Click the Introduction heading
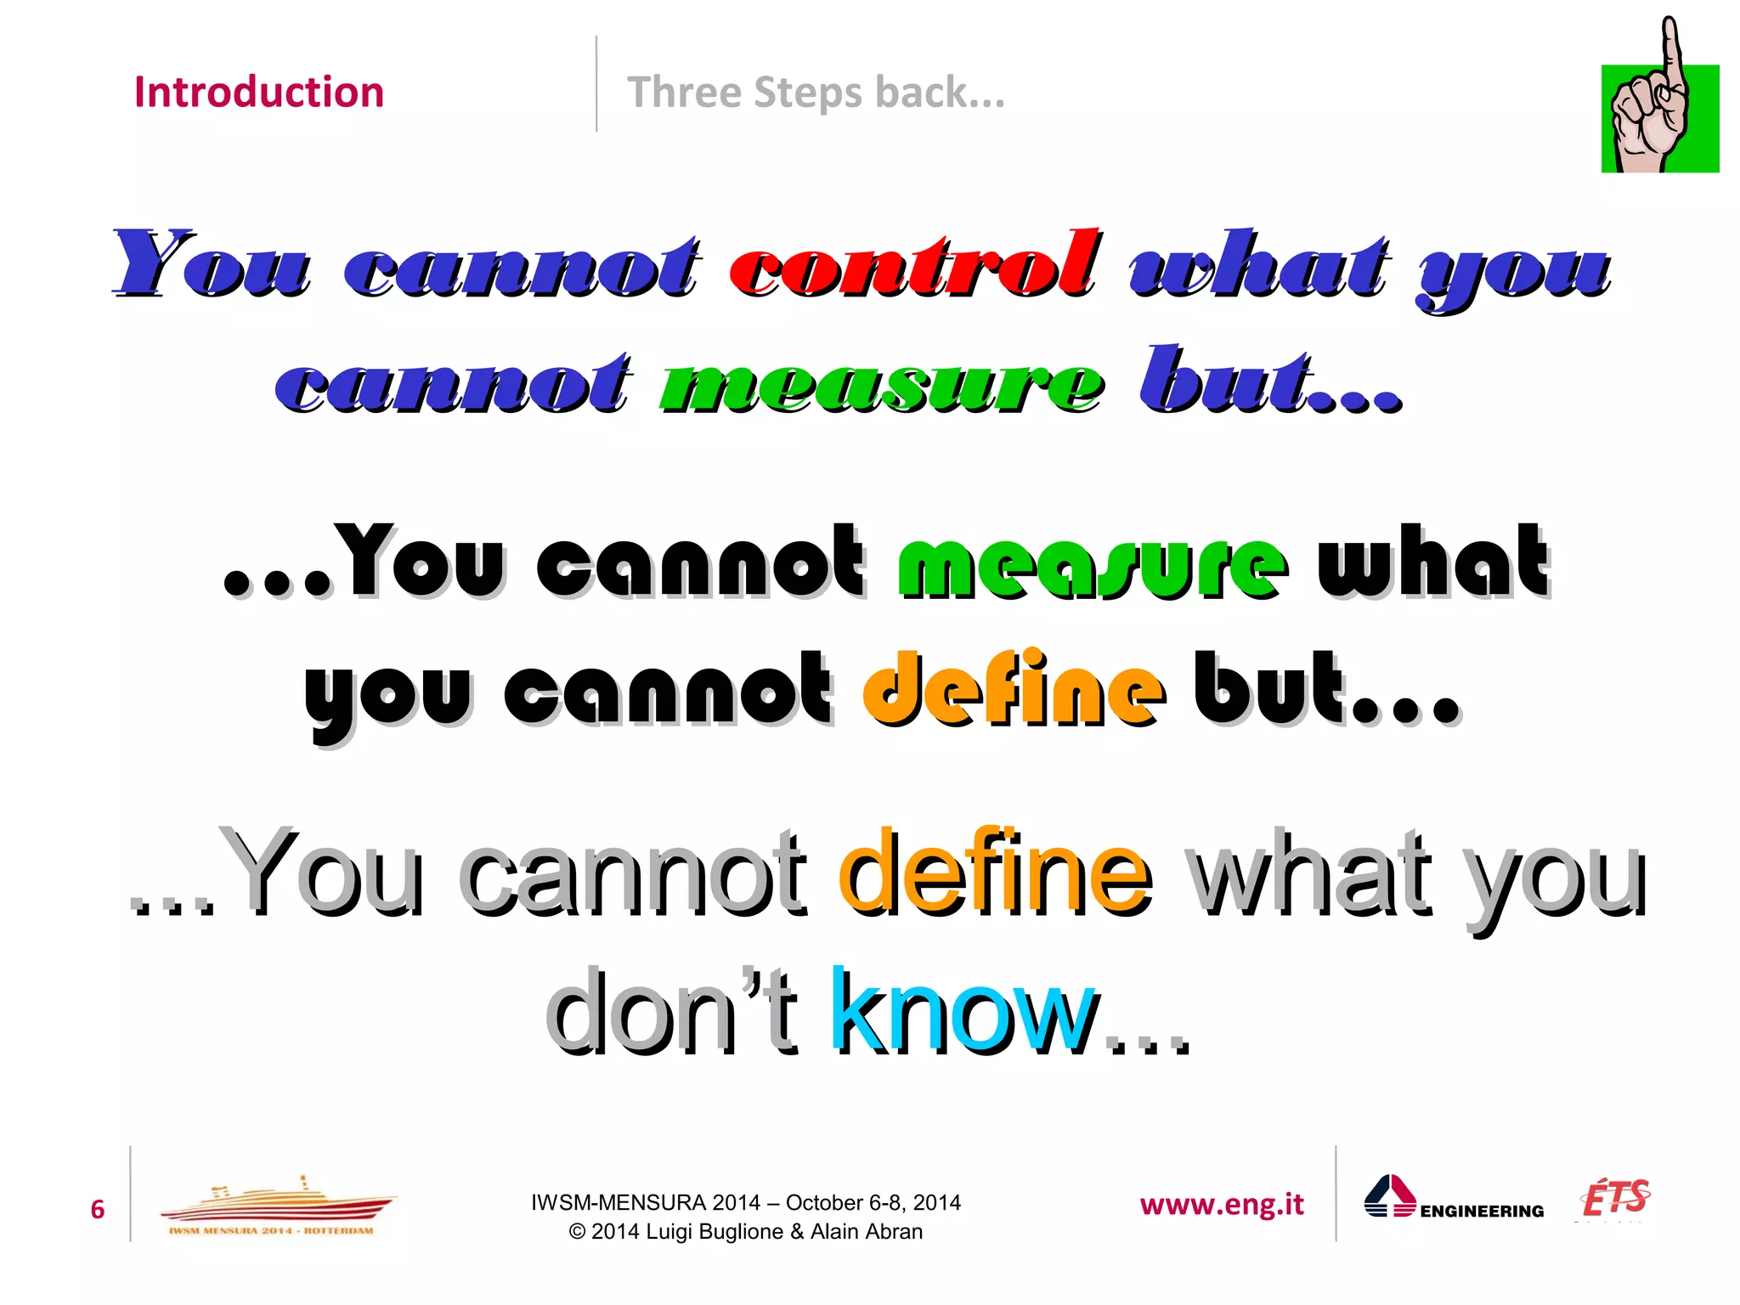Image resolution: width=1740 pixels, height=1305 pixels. click(259, 92)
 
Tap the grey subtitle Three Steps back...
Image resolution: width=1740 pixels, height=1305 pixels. click(816, 93)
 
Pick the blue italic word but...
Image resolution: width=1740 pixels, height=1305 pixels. click(1269, 381)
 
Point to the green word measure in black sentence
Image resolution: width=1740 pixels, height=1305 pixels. click(1092, 562)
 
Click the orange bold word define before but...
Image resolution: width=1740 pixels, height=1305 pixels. click(1014, 689)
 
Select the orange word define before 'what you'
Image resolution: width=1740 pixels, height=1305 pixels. click(995, 872)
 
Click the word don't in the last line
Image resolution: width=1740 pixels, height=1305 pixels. click(671, 1011)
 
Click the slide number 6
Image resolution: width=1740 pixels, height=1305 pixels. click(98, 1209)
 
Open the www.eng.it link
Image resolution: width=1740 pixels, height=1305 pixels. click(1221, 1205)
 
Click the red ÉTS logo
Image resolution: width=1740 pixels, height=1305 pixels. click(1614, 1199)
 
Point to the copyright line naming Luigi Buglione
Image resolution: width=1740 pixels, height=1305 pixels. click(745, 1232)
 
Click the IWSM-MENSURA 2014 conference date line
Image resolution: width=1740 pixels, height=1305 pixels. click(745, 1202)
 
